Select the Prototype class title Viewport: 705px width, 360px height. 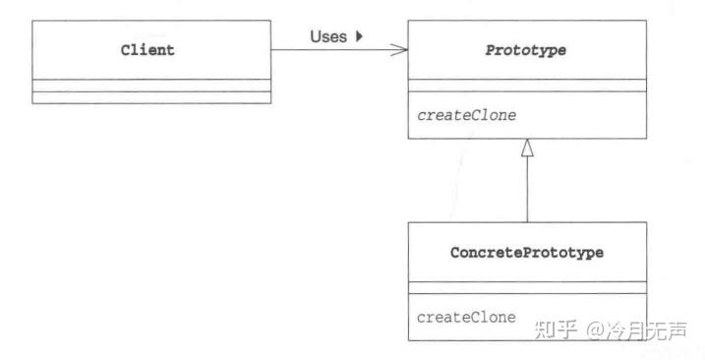pos(526,50)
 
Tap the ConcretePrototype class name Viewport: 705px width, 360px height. pos(527,253)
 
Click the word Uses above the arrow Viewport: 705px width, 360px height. pos(328,36)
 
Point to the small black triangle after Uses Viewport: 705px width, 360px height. pos(359,36)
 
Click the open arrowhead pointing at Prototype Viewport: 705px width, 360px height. pos(399,50)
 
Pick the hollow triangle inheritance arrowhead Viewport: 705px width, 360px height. pos(527,149)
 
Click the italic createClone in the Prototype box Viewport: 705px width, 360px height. pos(467,115)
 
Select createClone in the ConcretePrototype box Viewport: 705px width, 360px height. pos(467,317)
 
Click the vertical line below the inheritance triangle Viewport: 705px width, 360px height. pos(527,192)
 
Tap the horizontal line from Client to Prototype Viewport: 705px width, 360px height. pos(334,50)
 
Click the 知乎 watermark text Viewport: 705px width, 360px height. pos(555,329)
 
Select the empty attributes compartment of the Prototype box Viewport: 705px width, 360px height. pos(526,87)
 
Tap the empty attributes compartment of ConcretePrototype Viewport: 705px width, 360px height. pos(527,287)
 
